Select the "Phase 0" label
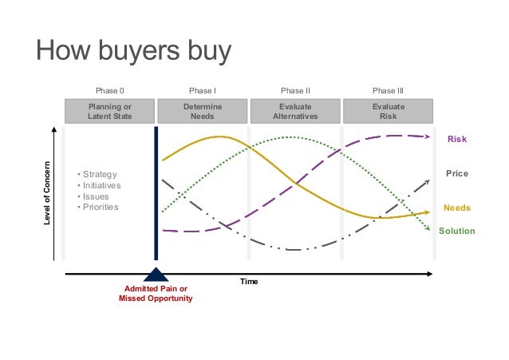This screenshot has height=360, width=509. [110, 91]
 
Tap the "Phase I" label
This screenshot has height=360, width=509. [202, 91]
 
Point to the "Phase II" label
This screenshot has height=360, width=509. [295, 91]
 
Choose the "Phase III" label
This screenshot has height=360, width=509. [388, 91]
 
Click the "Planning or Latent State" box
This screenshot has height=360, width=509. [110, 111]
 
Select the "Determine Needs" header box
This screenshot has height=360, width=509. [203, 111]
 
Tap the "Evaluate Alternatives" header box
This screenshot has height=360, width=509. [295, 111]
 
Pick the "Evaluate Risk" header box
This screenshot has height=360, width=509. [388, 111]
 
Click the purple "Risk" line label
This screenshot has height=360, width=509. [456, 140]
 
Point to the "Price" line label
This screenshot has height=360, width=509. [456, 173]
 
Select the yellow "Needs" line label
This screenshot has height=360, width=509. [456, 208]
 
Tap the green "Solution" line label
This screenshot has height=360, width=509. [456, 231]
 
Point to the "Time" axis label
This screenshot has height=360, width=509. [250, 282]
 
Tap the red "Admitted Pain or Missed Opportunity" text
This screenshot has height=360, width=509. [156, 293]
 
